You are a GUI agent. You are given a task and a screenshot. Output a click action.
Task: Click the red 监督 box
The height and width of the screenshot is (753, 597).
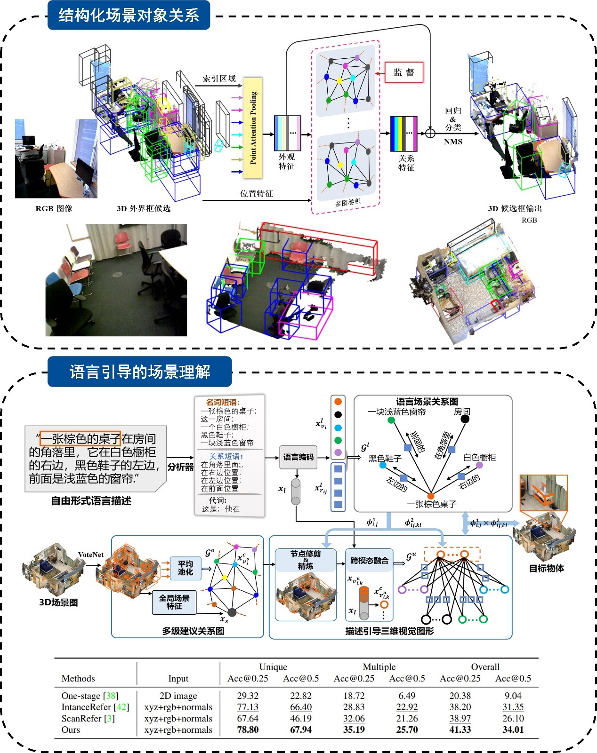[x=404, y=72]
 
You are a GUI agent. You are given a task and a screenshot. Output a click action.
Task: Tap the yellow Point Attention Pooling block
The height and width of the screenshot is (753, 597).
[x=253, y=128]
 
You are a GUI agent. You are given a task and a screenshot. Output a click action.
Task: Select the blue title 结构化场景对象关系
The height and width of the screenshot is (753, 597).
[x=129, y=16]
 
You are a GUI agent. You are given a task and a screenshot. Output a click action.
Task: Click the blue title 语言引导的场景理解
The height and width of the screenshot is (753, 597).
[x=139, y=372]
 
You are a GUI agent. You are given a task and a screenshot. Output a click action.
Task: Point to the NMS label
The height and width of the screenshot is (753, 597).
[x=453, y=142]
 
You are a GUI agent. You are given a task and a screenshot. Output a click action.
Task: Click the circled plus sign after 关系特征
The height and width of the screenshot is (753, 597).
[x=430, y=133]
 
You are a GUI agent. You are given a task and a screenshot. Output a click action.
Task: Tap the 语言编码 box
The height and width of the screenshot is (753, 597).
[x=298, y=457]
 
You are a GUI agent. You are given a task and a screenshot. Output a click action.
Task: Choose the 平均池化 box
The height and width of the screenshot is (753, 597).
[x=185, y=568]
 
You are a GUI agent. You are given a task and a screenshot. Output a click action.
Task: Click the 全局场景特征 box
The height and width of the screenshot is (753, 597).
[x=174, y=602]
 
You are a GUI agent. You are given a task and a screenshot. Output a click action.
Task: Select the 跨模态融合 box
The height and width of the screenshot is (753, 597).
[x=369, y=560]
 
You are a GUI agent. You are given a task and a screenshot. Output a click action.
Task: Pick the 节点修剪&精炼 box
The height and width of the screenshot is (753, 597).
[x=306, y=560]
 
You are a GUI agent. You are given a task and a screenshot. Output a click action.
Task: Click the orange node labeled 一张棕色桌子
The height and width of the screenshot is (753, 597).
[x=430, y=496]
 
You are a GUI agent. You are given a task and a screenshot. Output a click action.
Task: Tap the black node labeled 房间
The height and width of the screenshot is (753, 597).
[x=465, y=419]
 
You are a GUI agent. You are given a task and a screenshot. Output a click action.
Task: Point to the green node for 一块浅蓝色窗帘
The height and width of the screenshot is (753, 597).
[x=391, y=420]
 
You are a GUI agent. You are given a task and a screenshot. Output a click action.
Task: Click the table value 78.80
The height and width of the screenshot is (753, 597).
[x=248, y=729]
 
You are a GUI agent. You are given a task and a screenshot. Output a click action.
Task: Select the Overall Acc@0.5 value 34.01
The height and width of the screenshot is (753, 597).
[x=513, y=729]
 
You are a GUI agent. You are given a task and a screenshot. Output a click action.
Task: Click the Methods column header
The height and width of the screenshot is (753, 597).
[x=78, y=678]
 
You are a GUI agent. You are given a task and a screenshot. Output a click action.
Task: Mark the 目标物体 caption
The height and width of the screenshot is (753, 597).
[x=546, y=568]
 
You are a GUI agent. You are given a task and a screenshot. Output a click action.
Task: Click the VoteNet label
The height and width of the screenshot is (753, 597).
[x=91, y=555]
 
